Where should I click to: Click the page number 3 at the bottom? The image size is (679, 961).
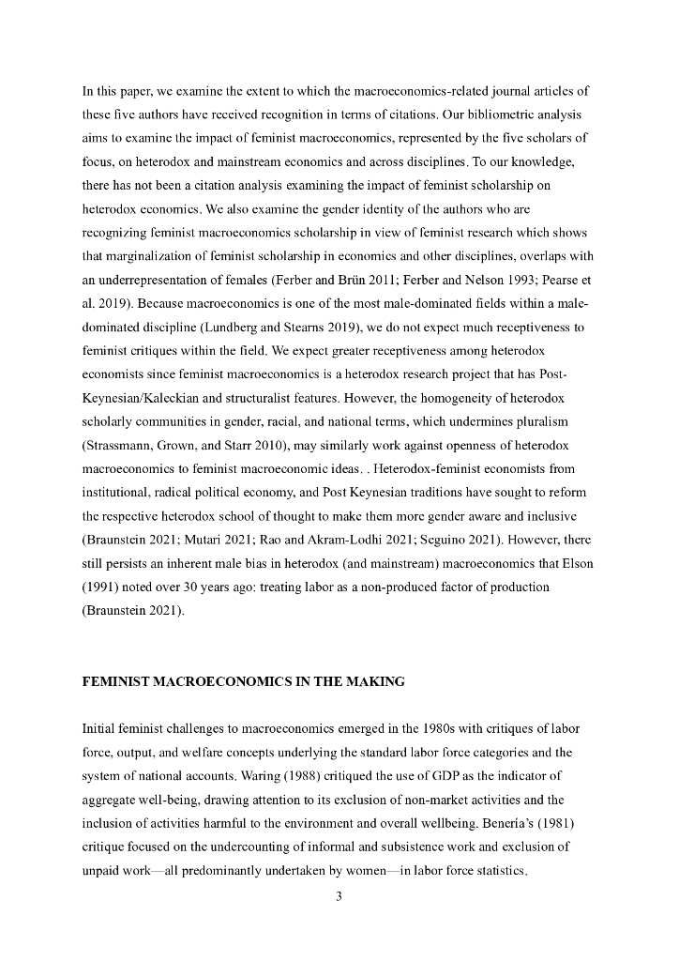click(x=339, y=895)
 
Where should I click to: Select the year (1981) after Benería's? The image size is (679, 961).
click(x=572, y=824)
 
